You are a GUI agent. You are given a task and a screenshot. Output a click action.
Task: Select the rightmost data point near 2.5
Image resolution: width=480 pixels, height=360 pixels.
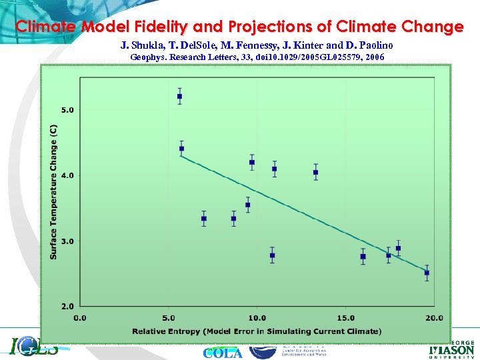(427, 273)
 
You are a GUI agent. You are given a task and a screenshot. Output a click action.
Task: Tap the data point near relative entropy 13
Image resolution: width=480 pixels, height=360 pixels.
(315, 172)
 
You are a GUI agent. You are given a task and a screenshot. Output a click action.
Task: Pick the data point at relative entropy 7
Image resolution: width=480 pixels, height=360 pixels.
(204, 219)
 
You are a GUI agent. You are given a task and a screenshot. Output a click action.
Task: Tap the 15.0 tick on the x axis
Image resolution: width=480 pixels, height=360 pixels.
(345, 317)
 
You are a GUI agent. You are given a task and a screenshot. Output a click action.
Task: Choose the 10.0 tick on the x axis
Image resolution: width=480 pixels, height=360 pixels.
(257, 317)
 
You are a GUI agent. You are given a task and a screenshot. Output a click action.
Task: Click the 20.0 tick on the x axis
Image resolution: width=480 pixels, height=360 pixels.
(434, 317)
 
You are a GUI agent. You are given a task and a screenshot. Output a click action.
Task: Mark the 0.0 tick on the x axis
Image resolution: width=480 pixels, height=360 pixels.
(80, 317)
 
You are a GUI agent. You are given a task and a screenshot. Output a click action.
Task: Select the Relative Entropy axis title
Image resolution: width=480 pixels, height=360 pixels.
(257, 331)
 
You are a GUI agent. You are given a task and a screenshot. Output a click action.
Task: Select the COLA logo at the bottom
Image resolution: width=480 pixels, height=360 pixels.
(223, 353)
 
